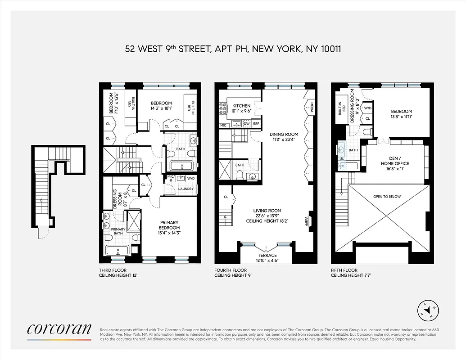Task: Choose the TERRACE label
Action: point(266,256)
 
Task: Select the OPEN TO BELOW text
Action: point(386,197)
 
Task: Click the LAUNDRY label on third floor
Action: point(186,189)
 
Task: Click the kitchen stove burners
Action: point(222,108)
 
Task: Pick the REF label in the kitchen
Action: point(256,123)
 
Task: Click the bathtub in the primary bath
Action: point(117,250)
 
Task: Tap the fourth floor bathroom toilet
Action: point(240,175)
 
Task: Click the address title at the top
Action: point(232,48)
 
